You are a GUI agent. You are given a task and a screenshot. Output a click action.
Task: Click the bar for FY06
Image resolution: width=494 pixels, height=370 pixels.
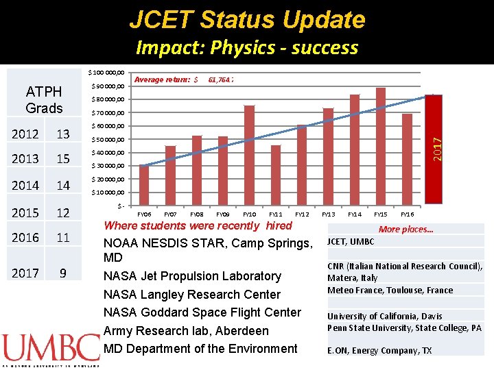point(143,184)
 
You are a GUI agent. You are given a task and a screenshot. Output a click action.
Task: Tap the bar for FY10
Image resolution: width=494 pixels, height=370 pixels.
point(250,155)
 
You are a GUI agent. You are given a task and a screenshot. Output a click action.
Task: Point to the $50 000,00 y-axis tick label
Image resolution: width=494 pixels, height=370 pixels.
point(108,139)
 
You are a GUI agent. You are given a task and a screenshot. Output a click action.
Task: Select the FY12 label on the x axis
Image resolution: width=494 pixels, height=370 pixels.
point(302,214)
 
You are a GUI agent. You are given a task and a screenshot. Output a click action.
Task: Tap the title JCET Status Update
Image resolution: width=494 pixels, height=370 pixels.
point(247,20)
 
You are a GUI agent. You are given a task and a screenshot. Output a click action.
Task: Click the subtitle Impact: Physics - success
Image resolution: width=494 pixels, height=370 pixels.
point(247,47)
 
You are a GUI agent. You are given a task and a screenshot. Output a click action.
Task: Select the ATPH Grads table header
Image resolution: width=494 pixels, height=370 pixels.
point(44,100)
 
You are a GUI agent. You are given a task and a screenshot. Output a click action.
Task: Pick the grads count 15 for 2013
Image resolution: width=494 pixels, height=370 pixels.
point(63,159)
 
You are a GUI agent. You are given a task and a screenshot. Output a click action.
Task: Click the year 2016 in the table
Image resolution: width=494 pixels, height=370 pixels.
point(25,238)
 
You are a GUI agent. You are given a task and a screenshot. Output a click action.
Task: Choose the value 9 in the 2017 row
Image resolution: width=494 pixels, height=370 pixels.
point(63,273)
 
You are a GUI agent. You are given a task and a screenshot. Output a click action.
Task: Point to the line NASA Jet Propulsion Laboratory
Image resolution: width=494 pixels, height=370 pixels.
point(191,276)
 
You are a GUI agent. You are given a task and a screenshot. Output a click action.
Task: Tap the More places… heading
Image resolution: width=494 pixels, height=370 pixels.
point(405,230)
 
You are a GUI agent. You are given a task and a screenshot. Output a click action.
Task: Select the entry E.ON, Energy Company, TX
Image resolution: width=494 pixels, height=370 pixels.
point(379,350)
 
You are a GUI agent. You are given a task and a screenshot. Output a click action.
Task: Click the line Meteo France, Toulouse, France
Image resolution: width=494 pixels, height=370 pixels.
point(390,290)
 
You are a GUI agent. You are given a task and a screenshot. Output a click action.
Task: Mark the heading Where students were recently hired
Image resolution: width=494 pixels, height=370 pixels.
point(198,225)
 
